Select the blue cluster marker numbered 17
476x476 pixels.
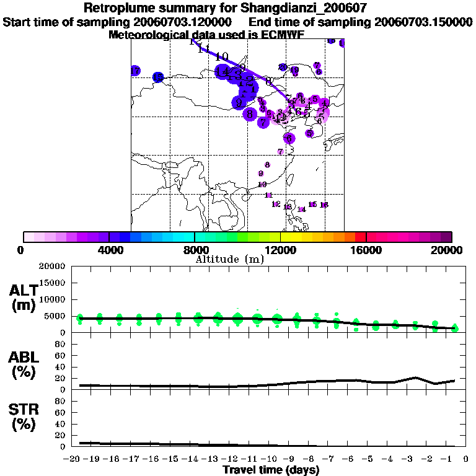tap(135, 71)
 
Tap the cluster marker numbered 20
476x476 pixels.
tap(283, 67)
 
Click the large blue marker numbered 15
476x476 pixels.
tap(158, 77)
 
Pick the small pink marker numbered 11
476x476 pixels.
tap(268, 195)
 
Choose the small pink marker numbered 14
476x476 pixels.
tap(301, 209)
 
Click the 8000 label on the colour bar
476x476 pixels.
tap(194, 250)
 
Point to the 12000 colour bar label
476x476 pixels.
tap(280, 250)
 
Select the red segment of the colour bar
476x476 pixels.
tap(361, 237)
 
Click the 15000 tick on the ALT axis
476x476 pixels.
tap(52, 283)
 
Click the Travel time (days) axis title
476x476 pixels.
tap(271, 470)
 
